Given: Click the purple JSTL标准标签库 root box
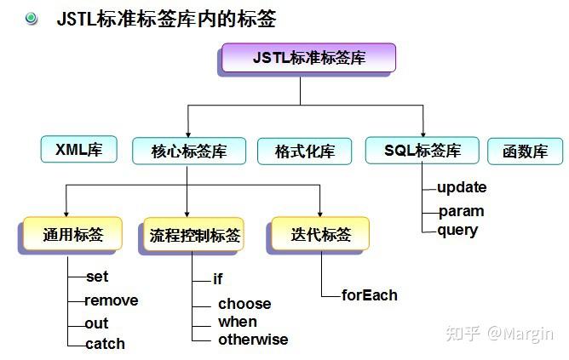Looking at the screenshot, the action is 308,58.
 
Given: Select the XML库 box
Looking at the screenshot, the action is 78,149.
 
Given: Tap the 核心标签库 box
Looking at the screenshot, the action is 189,151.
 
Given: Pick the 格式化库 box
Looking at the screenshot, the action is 304,151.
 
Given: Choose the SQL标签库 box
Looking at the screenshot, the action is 422,150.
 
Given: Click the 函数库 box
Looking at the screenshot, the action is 525,151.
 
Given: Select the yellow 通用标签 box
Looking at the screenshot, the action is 72,234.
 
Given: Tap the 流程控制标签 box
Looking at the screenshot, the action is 193,235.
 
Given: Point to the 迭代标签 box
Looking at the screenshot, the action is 320,234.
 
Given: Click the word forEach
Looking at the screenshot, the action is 370,295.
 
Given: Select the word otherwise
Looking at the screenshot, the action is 253,340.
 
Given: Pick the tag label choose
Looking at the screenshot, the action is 244,304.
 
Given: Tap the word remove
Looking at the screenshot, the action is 112,300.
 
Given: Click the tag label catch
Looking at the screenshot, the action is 106,344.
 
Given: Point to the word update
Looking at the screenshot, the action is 462,188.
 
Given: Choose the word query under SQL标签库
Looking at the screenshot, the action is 457,231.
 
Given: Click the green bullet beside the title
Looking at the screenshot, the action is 32,18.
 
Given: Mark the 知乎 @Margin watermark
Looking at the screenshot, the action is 499,334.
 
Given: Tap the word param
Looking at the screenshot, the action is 461,211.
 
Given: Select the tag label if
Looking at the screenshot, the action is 218,279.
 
